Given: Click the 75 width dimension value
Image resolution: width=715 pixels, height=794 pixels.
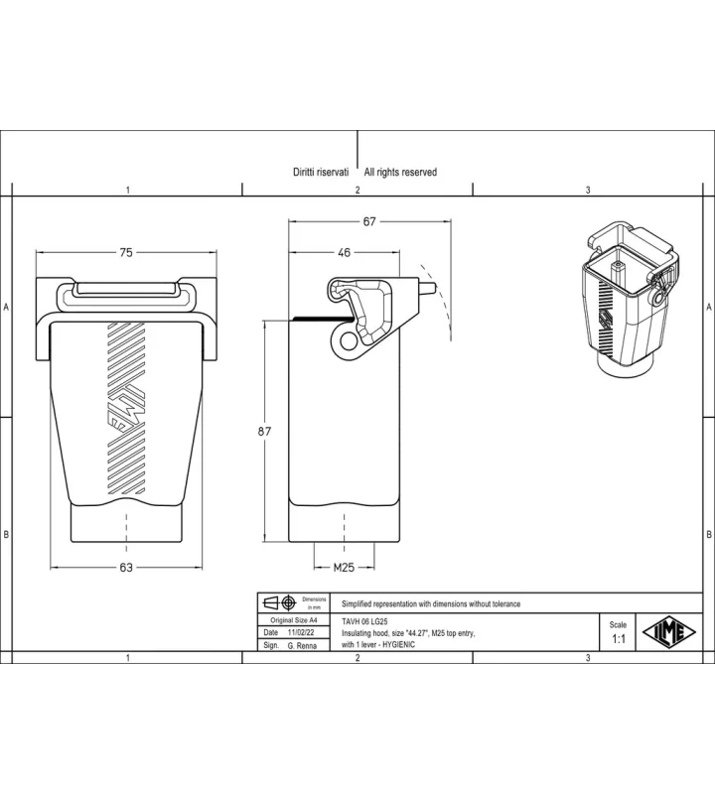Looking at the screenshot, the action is click(x=126, y=252).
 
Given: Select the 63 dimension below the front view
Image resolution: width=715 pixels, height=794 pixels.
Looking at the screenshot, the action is click(x=126, y=568).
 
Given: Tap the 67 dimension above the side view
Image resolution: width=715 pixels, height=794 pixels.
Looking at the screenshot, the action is click(x=369, y=221).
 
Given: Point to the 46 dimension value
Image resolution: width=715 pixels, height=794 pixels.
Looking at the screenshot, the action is click(x=344, y=252).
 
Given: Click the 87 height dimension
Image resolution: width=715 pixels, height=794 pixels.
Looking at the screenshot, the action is click(x=264, y=432).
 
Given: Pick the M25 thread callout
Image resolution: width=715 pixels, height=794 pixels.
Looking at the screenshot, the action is click(x=344, y=568).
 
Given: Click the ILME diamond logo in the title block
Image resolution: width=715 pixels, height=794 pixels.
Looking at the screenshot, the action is click(x=669, y=632).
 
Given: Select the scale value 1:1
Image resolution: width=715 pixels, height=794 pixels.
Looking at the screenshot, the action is click(x=619, y=639).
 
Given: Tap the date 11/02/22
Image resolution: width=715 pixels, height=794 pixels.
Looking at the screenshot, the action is click(x=301, y=632).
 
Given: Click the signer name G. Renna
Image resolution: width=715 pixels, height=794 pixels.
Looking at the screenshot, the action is click(x=302, y=646).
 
